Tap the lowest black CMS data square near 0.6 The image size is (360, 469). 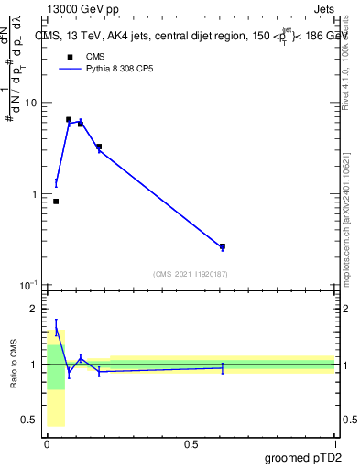[223, 246]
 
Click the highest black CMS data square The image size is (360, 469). [69, 119]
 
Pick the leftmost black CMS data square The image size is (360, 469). [56, 202]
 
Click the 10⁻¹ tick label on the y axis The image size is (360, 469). [29, 286]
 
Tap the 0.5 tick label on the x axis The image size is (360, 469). [191, 443]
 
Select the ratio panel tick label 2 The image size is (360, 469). [36, 310]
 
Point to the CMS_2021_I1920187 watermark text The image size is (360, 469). [191, 274]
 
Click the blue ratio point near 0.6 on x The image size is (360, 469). [223, 367]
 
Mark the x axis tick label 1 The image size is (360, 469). [335, 443]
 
